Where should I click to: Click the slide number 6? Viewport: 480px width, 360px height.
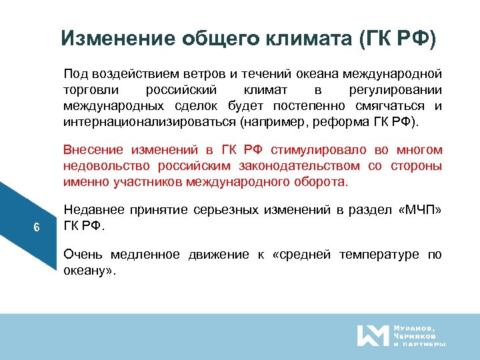(x=37, y=228)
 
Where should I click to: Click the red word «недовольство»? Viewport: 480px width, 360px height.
(x=97, y=165)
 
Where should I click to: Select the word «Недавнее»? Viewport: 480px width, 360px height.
(x=89, y=210)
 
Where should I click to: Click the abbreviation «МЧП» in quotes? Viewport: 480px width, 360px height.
(x=419, y=210)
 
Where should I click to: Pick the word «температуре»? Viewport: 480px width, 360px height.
(x=380, y=254)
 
